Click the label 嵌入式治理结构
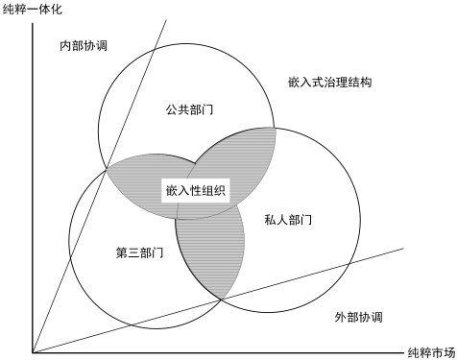coord(329,83)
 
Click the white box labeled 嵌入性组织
coord(195,189)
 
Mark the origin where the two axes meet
coord(33,352)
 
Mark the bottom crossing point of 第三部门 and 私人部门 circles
coord(223,300)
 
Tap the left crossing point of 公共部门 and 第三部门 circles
coord(108,168)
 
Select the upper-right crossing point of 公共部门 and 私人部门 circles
coord(275,127)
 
